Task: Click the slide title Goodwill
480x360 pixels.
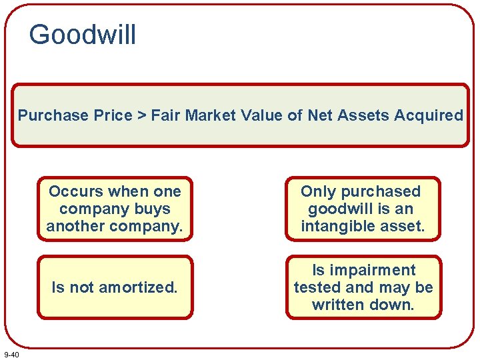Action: tap(83, 35)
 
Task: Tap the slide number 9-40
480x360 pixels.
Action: tap(11, 354)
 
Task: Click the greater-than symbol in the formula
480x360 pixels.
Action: tap(141, 115)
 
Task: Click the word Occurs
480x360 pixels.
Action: tap(76, 192)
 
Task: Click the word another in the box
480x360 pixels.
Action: tap(74, 227)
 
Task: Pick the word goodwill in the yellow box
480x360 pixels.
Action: tap(338, 209)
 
